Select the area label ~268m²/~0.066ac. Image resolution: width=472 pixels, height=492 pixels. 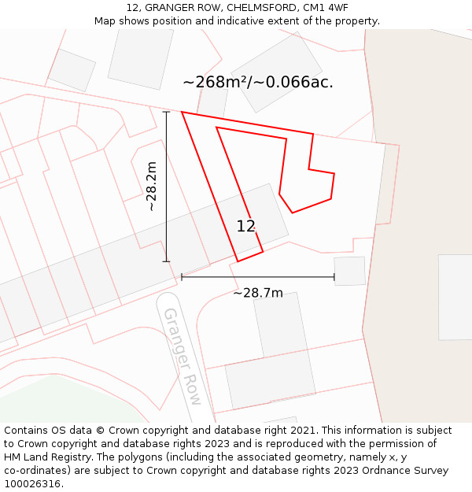pos(258,82)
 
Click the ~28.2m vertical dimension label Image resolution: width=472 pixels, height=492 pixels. pos(152,187)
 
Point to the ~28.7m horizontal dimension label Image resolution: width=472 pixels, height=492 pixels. pos(258,293)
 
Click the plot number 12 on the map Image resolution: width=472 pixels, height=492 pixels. pos(245,226)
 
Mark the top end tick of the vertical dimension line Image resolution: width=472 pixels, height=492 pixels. pos(166,112)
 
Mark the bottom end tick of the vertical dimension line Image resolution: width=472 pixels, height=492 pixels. pos(166,261)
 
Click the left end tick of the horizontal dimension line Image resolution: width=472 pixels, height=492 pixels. pos(182,277)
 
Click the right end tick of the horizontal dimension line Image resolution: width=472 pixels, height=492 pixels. pos(334,277)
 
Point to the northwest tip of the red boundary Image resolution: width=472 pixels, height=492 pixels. pos(183,113)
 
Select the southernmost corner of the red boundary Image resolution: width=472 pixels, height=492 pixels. pos(238,261)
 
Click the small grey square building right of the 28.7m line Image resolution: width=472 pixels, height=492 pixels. pos(349,271)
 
